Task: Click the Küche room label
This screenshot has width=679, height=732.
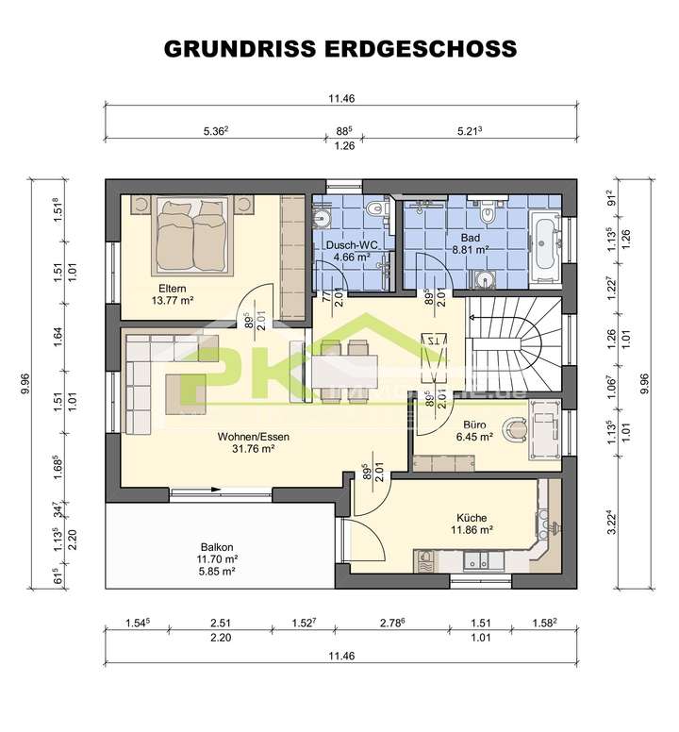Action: point(472,518)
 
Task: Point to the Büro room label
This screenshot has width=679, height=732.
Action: point(473,424)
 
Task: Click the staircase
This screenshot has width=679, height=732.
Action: point(514,340)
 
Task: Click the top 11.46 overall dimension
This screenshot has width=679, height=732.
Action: point(339,98)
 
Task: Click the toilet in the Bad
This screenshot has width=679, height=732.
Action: point(488,216)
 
